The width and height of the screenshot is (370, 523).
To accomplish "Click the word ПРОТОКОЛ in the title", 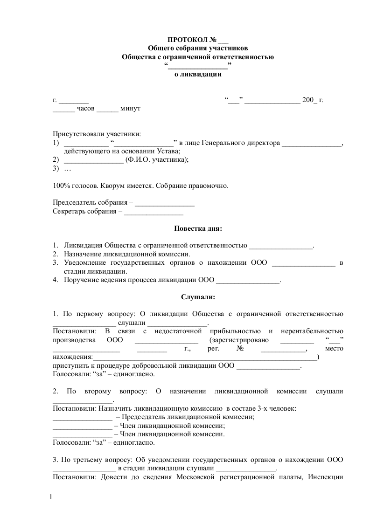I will [185, 40].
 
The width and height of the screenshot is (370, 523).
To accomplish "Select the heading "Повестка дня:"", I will [198, 228].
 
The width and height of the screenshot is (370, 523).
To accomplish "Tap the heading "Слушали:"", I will [198, 296].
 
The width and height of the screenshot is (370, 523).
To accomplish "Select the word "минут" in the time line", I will [130, 108].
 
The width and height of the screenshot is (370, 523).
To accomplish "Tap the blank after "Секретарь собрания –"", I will [154, 212].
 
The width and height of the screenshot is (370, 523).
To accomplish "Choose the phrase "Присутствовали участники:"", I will [96, 134].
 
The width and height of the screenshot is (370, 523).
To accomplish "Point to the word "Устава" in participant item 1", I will [168, 151].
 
